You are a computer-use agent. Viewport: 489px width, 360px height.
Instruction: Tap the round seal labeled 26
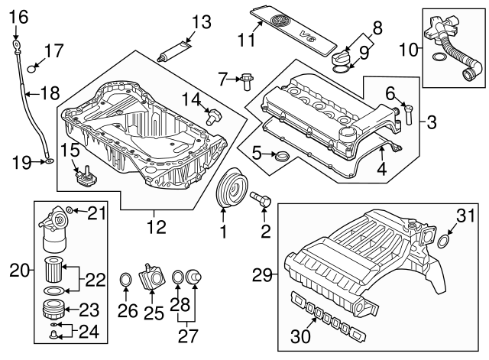tap(127, 284)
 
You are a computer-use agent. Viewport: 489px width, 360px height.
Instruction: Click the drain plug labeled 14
tap(215, 116)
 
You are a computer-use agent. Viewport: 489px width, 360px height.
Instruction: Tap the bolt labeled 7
tap(245, 76)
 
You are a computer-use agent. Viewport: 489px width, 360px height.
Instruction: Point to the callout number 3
tap(432, 121)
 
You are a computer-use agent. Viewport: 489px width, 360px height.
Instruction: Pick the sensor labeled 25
tap(151, 276)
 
